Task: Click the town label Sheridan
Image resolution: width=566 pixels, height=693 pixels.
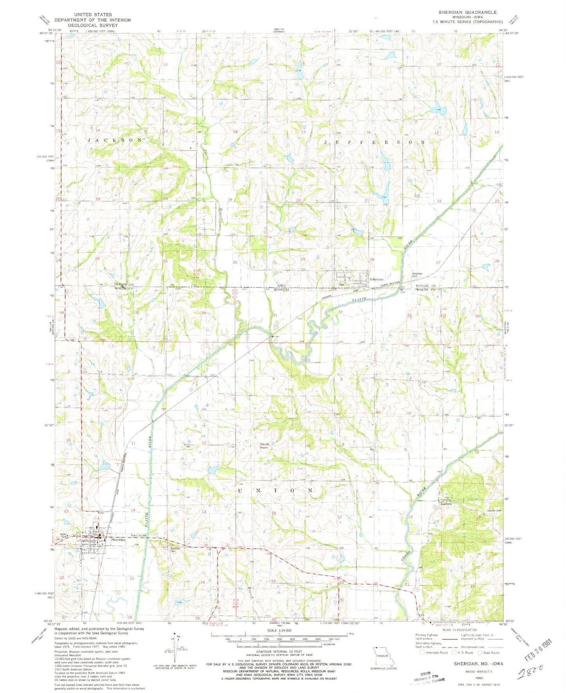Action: click(118, 540)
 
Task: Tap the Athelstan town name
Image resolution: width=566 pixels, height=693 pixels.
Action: click(376, 279)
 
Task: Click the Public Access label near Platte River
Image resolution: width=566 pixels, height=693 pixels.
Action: click(139, 536)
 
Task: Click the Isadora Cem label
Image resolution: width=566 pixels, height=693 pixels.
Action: click(493, 511)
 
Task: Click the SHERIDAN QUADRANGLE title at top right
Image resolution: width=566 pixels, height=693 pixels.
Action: click(467, 12)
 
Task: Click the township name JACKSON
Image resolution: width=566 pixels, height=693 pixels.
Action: click(114, 140)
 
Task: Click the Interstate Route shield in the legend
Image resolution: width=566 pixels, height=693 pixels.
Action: click(422, 653)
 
